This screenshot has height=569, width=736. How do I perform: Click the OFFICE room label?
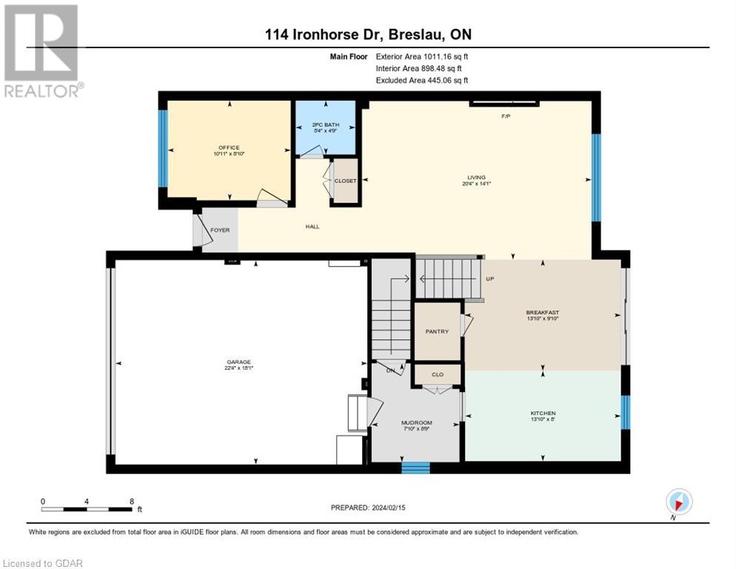click(229, 147)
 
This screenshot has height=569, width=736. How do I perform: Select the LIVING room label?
click(475, 177)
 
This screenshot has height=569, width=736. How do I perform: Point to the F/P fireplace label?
click(506, 116)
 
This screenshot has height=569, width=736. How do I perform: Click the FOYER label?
click(220, 230)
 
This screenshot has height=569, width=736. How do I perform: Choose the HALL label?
click(312, 226)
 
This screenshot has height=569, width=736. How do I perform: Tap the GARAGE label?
click(240, 362)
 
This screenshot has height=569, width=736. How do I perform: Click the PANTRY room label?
click(437, 331)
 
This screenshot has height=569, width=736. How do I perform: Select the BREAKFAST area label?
click(542, 313)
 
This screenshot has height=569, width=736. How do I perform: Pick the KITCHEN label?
click(542, 413)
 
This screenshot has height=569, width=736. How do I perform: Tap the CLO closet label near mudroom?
click(437, 375)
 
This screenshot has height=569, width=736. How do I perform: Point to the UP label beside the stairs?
click(489, 279)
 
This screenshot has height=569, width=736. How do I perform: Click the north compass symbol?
click(679, 502)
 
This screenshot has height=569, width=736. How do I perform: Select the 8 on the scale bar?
click(132, 501)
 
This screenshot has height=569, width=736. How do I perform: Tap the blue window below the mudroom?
click(415, 467)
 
